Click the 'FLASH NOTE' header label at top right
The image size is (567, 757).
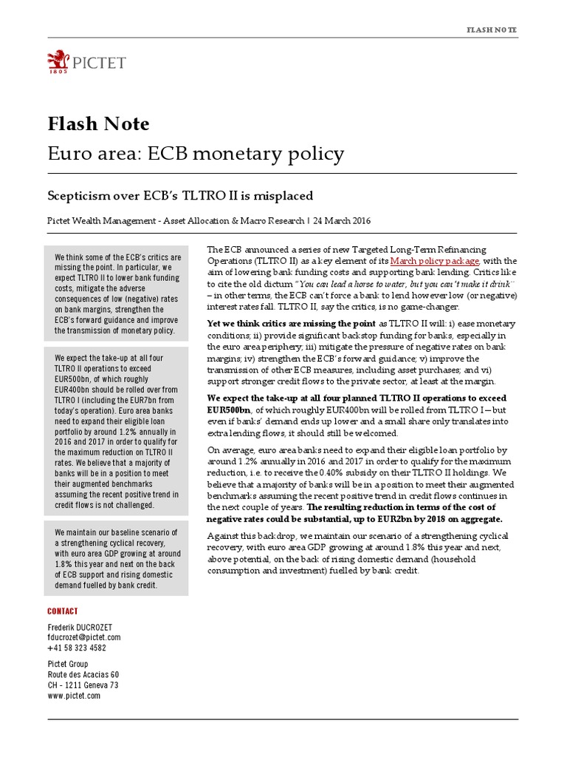pyautogui.click(x=492, y=30)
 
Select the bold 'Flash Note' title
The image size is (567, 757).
pyautogui.click(x=98, y=123)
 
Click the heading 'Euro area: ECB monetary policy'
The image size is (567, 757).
pyautogui.click(x=196, y=154)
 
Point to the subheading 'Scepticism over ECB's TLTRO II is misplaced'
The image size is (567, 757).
pyautogui.click(x=180, y=195)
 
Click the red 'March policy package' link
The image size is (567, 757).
pyautogui.click(x=435, y=261)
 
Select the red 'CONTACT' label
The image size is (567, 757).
pyautogui.click(x=63, y=611)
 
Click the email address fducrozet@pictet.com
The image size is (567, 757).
pyautogui.click(x=83, y=637)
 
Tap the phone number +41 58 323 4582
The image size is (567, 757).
pyautogui.click(x=77, y=648)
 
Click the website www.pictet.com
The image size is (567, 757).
pyautogui.click(x=74, y=696)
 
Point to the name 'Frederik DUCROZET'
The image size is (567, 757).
pyautogui.click(x=80, y=627)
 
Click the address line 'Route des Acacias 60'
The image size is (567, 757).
pyautogui.click(x=83, y=675)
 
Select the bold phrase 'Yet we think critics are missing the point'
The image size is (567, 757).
pyautogui.click(x=292, y=324)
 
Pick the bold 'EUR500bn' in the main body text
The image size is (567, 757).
pyautogui.click(x=229, y=409)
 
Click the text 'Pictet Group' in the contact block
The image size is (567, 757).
pyautogui.click(x=68, y=665)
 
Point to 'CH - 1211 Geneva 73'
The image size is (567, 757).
pyautogui.click(x=83, y=685)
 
